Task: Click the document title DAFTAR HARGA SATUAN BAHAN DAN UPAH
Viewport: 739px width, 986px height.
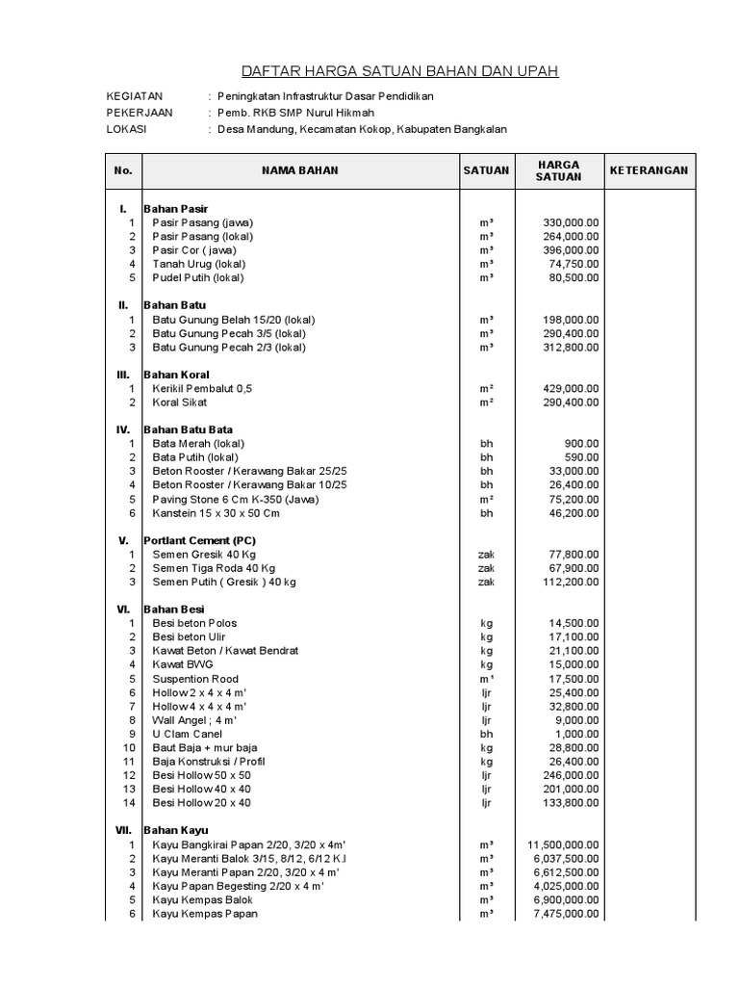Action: click(x=398, y=71)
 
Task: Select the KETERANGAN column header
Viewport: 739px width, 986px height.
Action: click(x=648, y=170)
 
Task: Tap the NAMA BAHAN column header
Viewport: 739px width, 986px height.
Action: click(x=299, y=170)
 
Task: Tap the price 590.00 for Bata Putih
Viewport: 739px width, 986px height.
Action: click(x=581, y=457)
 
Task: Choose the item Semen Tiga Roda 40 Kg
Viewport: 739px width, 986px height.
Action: click(x=214, y=568)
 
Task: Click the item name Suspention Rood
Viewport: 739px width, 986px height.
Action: click(x=195, y=678)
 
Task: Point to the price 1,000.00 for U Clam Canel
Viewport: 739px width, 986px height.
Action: click(x=575, y=734)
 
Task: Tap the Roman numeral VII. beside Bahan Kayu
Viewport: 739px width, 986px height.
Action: click(x=123, y=830)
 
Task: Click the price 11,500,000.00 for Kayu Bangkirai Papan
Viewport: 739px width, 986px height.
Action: click(x=564, y=844)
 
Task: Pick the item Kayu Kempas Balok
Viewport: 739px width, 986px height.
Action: click(x=202, y=899)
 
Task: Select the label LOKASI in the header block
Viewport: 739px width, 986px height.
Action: click(x=126, y=129)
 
